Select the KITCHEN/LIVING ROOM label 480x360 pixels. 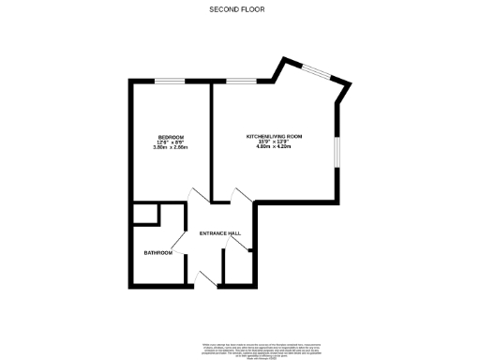275,136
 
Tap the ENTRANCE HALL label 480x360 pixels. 221,233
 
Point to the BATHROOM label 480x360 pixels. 157,253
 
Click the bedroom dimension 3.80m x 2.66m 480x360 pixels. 171,148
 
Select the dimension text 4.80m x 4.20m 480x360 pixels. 275,148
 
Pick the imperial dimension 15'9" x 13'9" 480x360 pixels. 275,142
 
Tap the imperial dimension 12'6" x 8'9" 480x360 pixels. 171,142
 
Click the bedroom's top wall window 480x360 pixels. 170,82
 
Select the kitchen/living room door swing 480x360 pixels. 240,197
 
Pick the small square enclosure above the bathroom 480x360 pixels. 144,214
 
